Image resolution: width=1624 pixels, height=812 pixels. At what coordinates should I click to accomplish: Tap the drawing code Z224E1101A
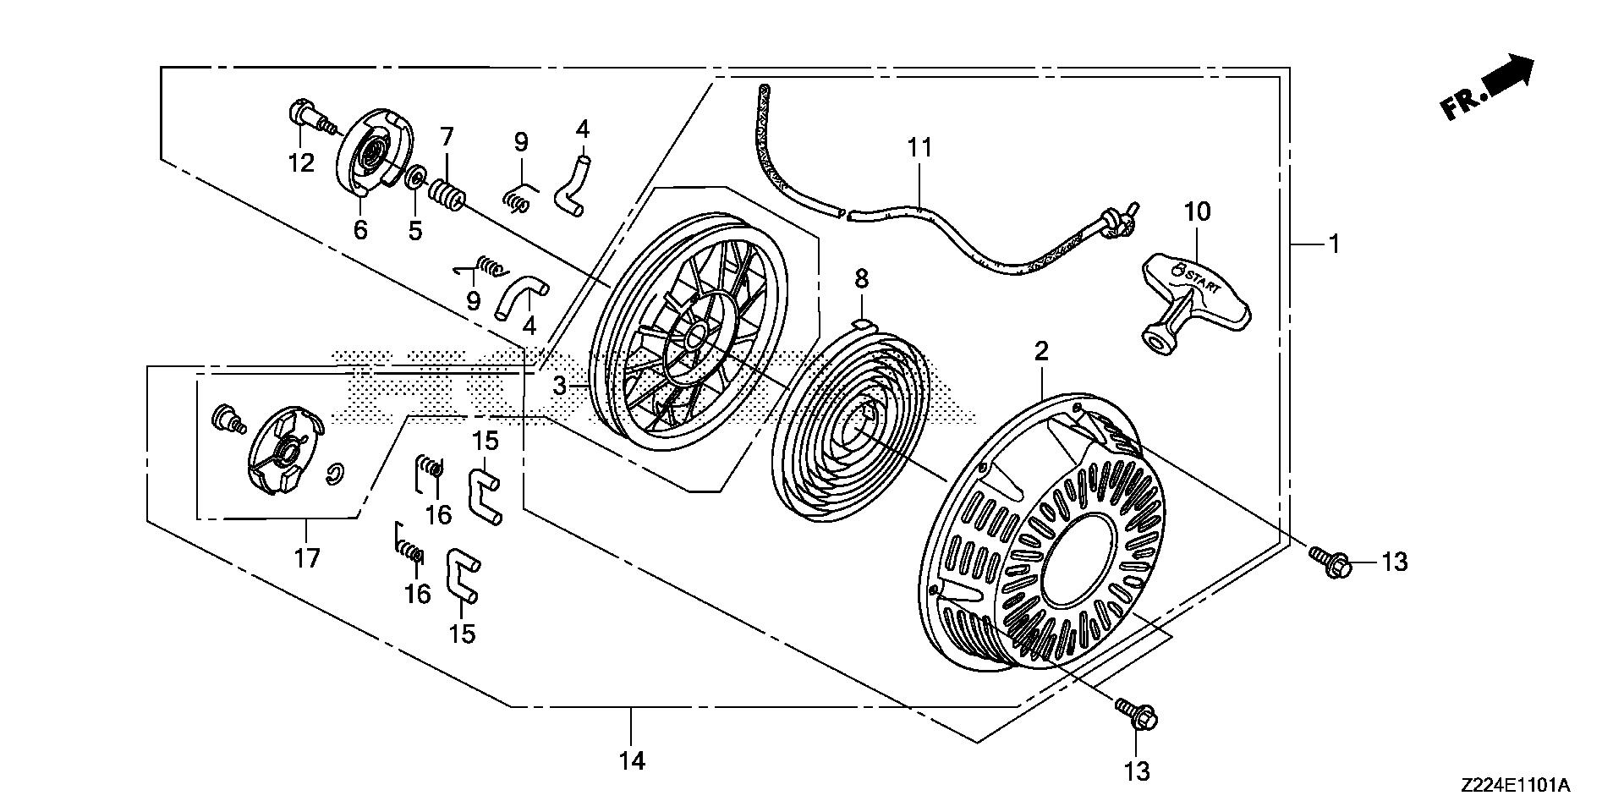click(1514, 786)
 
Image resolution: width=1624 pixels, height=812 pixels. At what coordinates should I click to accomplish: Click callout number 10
click(1198, 212)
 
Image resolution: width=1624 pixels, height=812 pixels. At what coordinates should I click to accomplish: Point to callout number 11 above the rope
click(919, 148)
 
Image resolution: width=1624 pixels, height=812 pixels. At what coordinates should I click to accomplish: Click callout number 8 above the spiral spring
click(861, 278)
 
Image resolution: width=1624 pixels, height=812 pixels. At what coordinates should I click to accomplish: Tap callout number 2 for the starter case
click(1041, 351)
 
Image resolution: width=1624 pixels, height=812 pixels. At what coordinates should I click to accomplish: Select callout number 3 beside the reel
click(559, 387)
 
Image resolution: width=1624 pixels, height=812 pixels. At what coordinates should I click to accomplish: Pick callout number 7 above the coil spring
click(447, 136)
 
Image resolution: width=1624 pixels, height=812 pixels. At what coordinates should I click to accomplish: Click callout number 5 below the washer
click(414, 230)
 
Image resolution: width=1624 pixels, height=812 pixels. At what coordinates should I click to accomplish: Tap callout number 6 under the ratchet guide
click(361, 229)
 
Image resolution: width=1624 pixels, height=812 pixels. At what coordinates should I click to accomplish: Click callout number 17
click(307, 558)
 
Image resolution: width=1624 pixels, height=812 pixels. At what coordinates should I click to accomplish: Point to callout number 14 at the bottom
click(632, 760)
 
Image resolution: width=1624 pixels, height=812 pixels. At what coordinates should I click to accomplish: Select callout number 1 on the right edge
click(1334, 244)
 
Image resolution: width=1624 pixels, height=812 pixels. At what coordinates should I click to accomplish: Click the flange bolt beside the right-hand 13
click(1330, 561)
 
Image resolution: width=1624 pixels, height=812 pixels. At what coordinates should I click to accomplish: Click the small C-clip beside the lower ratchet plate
click(335, 475)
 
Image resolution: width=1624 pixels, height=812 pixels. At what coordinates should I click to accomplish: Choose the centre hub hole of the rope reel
click(695, 338)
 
